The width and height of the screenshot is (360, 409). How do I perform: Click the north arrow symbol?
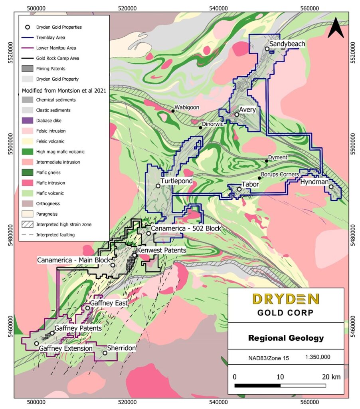click(336, 28)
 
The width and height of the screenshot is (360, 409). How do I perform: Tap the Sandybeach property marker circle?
click(267, 49)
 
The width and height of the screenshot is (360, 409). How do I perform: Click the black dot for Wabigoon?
click(173, 111)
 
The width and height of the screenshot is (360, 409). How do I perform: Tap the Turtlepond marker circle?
click(158, 186)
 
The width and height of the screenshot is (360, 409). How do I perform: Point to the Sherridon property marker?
click(105, 352)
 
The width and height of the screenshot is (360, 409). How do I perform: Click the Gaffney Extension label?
click(65, 348)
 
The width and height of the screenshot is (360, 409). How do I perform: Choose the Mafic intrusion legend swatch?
click(27, 183)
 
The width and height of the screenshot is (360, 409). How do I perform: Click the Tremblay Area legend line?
click(27, 38)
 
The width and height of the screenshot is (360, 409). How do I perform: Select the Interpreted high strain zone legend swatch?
click(27, 224)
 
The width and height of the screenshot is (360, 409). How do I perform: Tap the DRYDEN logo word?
click(285, 299)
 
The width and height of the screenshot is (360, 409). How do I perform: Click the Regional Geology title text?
click(286, 338)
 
